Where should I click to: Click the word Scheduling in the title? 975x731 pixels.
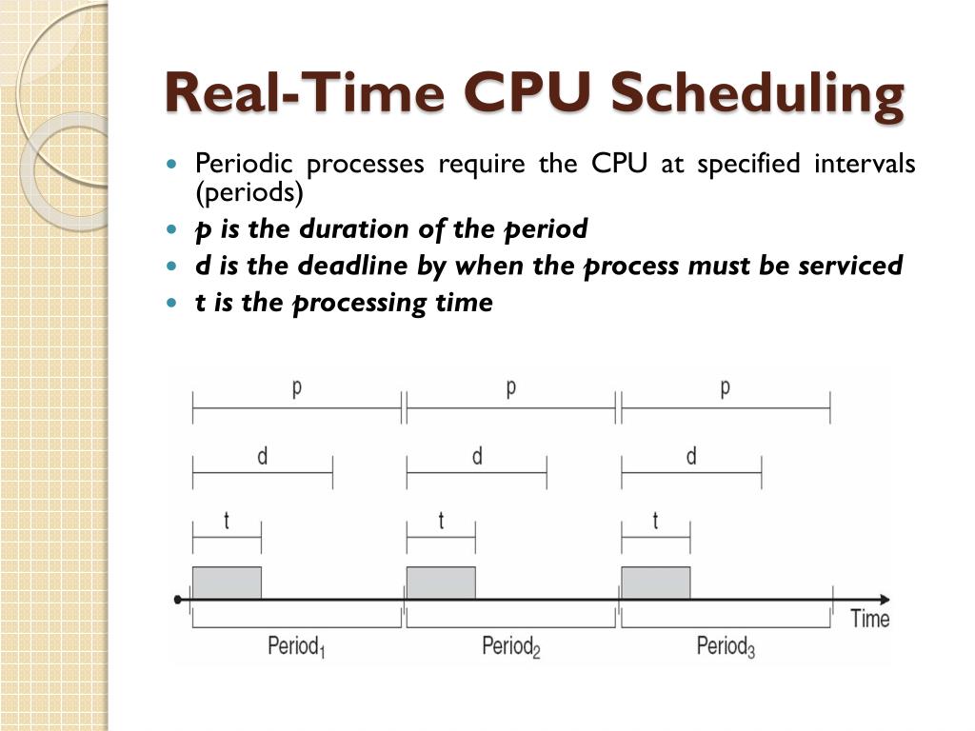(x=756, y=95)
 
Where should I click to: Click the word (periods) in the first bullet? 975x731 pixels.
(x=249, y=193)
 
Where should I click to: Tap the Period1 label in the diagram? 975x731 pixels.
(x=296, y=647)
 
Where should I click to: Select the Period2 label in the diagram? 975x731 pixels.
(x=510, y=647)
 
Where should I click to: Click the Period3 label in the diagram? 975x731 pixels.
(x=726, y=647)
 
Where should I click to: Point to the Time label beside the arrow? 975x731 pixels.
(x=869, y=619)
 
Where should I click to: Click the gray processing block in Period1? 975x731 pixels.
(x=227, y=583)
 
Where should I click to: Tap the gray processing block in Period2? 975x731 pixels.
(x=441, y=583)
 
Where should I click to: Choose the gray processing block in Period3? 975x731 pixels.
(x=656, y=583)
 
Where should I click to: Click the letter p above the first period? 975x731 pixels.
(x=297, y=388)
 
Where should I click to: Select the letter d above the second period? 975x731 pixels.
(x=477, y=456)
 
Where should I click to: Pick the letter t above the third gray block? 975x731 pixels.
(x=656, y=521)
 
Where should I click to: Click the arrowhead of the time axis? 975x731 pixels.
(x=885, y=600)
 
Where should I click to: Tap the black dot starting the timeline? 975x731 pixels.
(x=178, y=600)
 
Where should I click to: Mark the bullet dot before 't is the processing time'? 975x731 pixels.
(x=172, y=304)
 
